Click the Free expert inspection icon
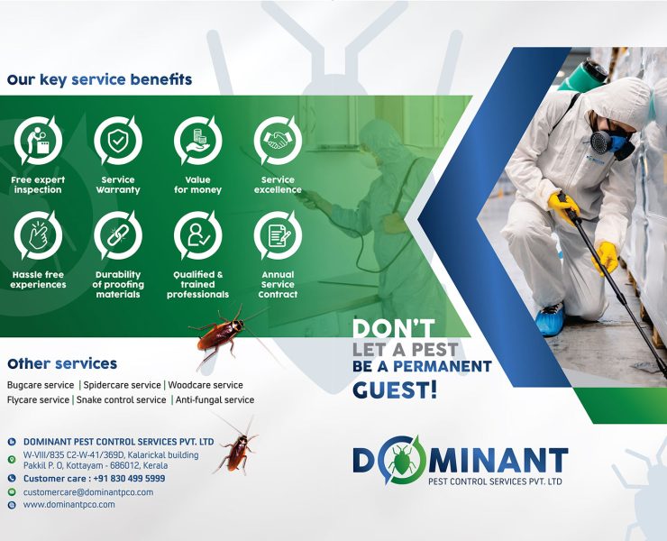[38, 140]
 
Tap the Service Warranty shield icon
[118, 140]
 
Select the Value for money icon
[197, 140]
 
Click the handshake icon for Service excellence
[278, 140]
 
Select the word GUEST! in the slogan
[395, 390]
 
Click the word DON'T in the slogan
[393, 328]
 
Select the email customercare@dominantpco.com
[88, 492]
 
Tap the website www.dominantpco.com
[69, 505]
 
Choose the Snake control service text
[122, 399]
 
